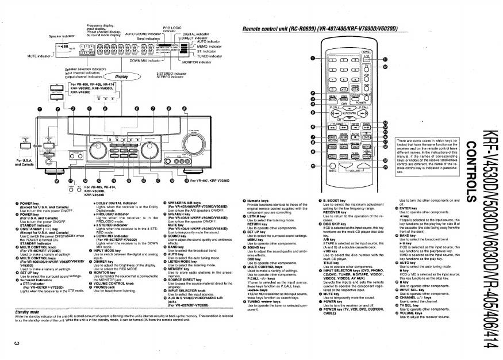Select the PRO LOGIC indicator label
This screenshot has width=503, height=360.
(172, 28)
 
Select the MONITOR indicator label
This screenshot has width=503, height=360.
(198, 62)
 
